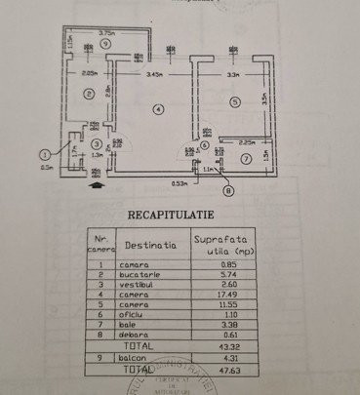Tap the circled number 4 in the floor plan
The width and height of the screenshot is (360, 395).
tap(156, 107)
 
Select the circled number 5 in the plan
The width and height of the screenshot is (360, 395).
tap(234, 100)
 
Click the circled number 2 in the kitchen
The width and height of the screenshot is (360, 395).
tap(88, 94)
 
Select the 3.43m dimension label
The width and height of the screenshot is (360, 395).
tap(154, 74)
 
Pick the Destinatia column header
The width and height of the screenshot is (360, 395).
tap(151, 246)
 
